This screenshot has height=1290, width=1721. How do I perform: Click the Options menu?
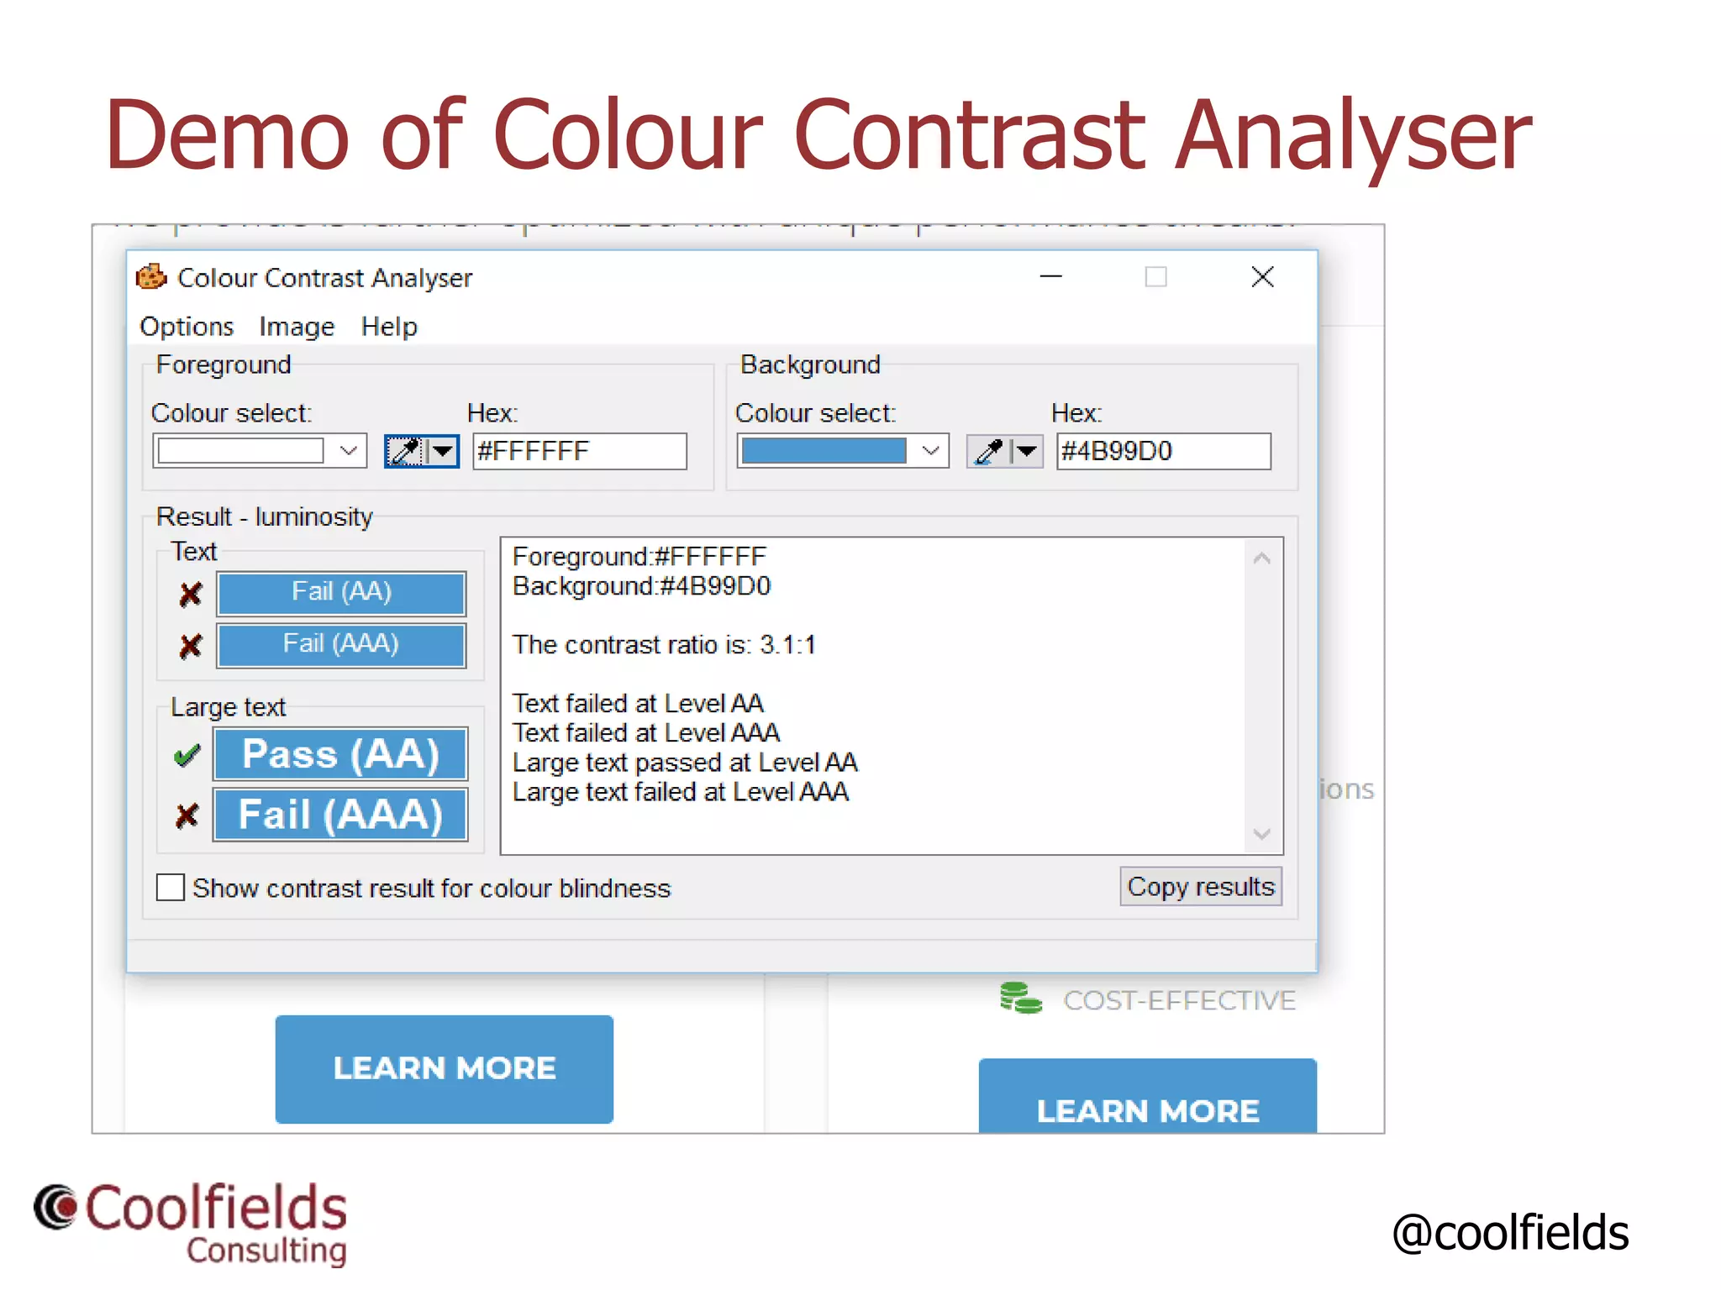(x=187, y=327)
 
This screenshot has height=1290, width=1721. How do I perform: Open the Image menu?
(x=297, y=327)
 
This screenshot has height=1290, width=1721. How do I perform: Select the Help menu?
(x=389, y=327)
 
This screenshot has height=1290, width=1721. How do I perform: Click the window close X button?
(x=1262, y=277)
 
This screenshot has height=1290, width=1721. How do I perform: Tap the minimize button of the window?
(x=1051, y=277)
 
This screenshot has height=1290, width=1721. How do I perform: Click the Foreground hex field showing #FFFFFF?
(x=579, y=452)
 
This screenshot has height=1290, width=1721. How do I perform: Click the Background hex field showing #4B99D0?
(x=1163, y=452)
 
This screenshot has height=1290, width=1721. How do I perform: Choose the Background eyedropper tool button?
(x=989, y=452)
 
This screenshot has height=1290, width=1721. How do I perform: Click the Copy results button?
(x=1200, y=887)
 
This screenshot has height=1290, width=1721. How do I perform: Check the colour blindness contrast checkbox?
(x=171, y=888)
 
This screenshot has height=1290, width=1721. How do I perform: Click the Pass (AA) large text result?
(x=340, y=754)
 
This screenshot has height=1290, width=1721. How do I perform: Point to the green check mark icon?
(x=187, y=756)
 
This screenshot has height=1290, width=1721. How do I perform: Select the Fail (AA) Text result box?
(x=341, y=593)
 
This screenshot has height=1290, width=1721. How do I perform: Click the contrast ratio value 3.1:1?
(x=787, y=645)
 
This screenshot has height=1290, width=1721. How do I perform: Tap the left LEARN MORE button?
(x=444, y=1068)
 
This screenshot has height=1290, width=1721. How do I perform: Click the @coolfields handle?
(x=1510, y=1233)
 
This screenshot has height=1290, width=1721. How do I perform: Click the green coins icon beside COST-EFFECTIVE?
(x=1020, y=999)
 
